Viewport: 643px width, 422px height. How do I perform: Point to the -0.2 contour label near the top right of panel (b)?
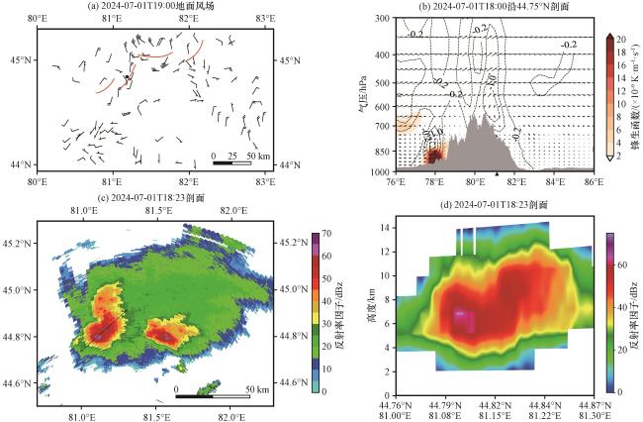569,46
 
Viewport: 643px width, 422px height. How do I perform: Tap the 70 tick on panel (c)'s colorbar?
326,235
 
